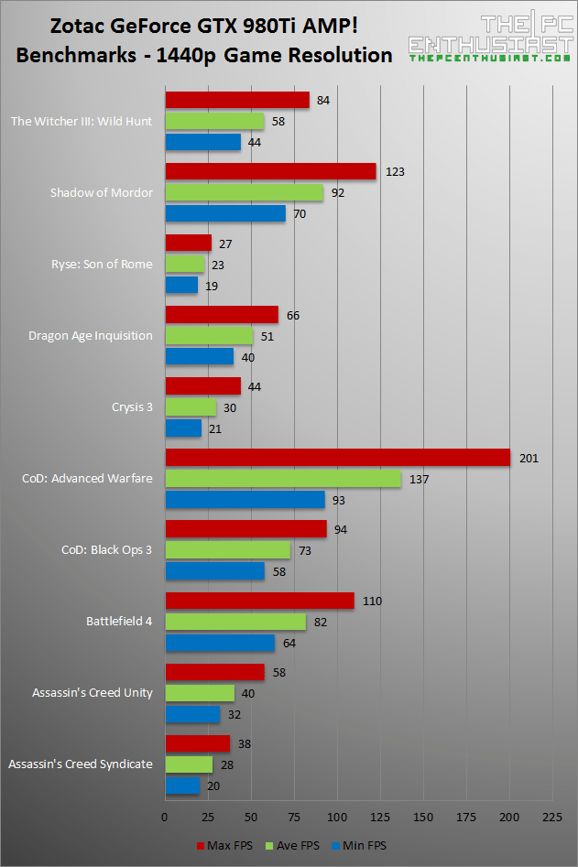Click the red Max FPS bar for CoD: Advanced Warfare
click(337, 458)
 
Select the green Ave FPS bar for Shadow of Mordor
click(244, 193)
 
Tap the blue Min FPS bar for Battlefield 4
click(220, 644)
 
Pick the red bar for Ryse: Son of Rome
click(188, 243)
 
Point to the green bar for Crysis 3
click(191, 407)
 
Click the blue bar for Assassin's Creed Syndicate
click(182, 786)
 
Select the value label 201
click(528, 458)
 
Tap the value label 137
click(419, 479)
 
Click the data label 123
click(395, 171)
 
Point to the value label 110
click(372, 601)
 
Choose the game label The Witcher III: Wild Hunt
click(81, 121)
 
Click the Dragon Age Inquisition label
click(90, 335)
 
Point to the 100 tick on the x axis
click(337, 816)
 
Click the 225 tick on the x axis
click(552, 816)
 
